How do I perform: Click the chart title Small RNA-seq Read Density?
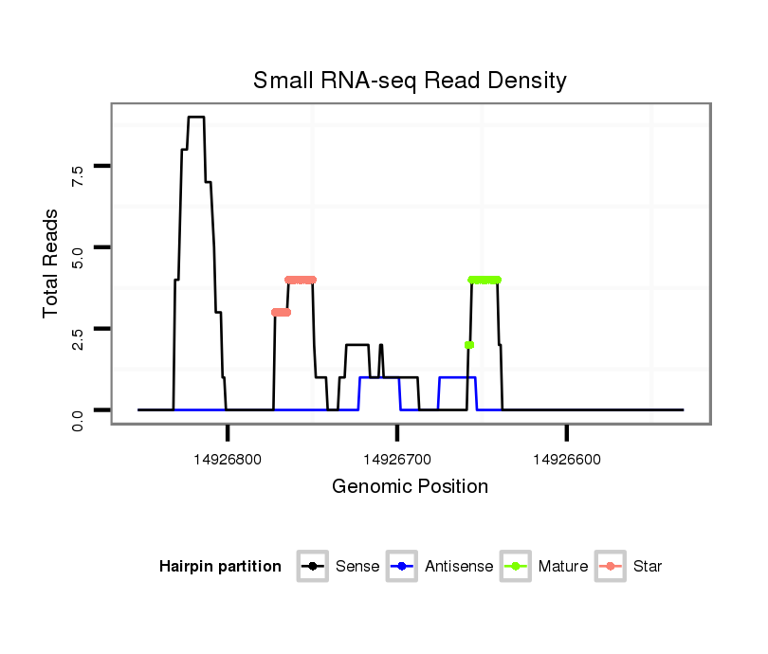(410, 81)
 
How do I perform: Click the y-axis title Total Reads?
(53, 263)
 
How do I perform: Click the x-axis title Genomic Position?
(410, 487)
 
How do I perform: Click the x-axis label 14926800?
(228, 460)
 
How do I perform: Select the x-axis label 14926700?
(397, 460)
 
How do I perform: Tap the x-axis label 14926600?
(566, 460)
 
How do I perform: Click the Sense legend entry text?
(357, 567)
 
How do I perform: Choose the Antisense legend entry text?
(459, 567)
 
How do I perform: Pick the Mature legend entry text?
(562, 567)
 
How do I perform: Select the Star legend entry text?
(649, 567)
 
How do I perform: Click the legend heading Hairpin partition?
(220, 567)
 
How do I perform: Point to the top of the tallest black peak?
(196, 118)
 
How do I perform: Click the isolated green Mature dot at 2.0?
(468, 345)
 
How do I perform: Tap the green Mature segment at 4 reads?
(485, 280)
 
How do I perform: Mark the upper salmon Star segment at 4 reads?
(301, 280)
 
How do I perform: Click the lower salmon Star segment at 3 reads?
(281, 312)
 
